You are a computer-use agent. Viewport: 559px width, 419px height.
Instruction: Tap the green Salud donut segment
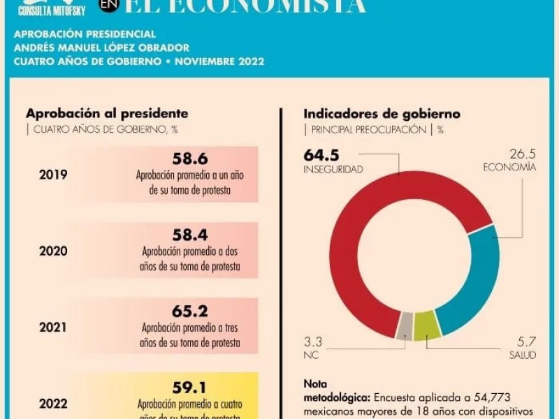[424, 325]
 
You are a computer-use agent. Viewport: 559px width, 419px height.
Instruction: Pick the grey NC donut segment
[405, 325]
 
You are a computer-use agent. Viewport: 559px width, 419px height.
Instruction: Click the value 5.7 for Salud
[525, 342]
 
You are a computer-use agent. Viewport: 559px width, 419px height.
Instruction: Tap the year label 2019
[53, 175]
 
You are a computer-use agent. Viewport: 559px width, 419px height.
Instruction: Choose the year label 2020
[53, 251]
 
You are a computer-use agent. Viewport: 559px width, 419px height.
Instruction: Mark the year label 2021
[53, 326]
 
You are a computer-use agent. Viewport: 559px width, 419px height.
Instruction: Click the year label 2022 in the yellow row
[53, 403]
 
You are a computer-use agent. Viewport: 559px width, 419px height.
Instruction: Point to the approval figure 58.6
[190, 159]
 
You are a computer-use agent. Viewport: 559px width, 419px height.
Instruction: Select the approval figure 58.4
[190, 235]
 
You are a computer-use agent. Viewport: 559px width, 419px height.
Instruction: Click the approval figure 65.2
[190, 311]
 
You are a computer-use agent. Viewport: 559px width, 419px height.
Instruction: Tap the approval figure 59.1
[190, 387]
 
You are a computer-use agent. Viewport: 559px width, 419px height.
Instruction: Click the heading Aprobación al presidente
[107, 113]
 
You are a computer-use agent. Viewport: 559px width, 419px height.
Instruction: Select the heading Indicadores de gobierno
[382, 113]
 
